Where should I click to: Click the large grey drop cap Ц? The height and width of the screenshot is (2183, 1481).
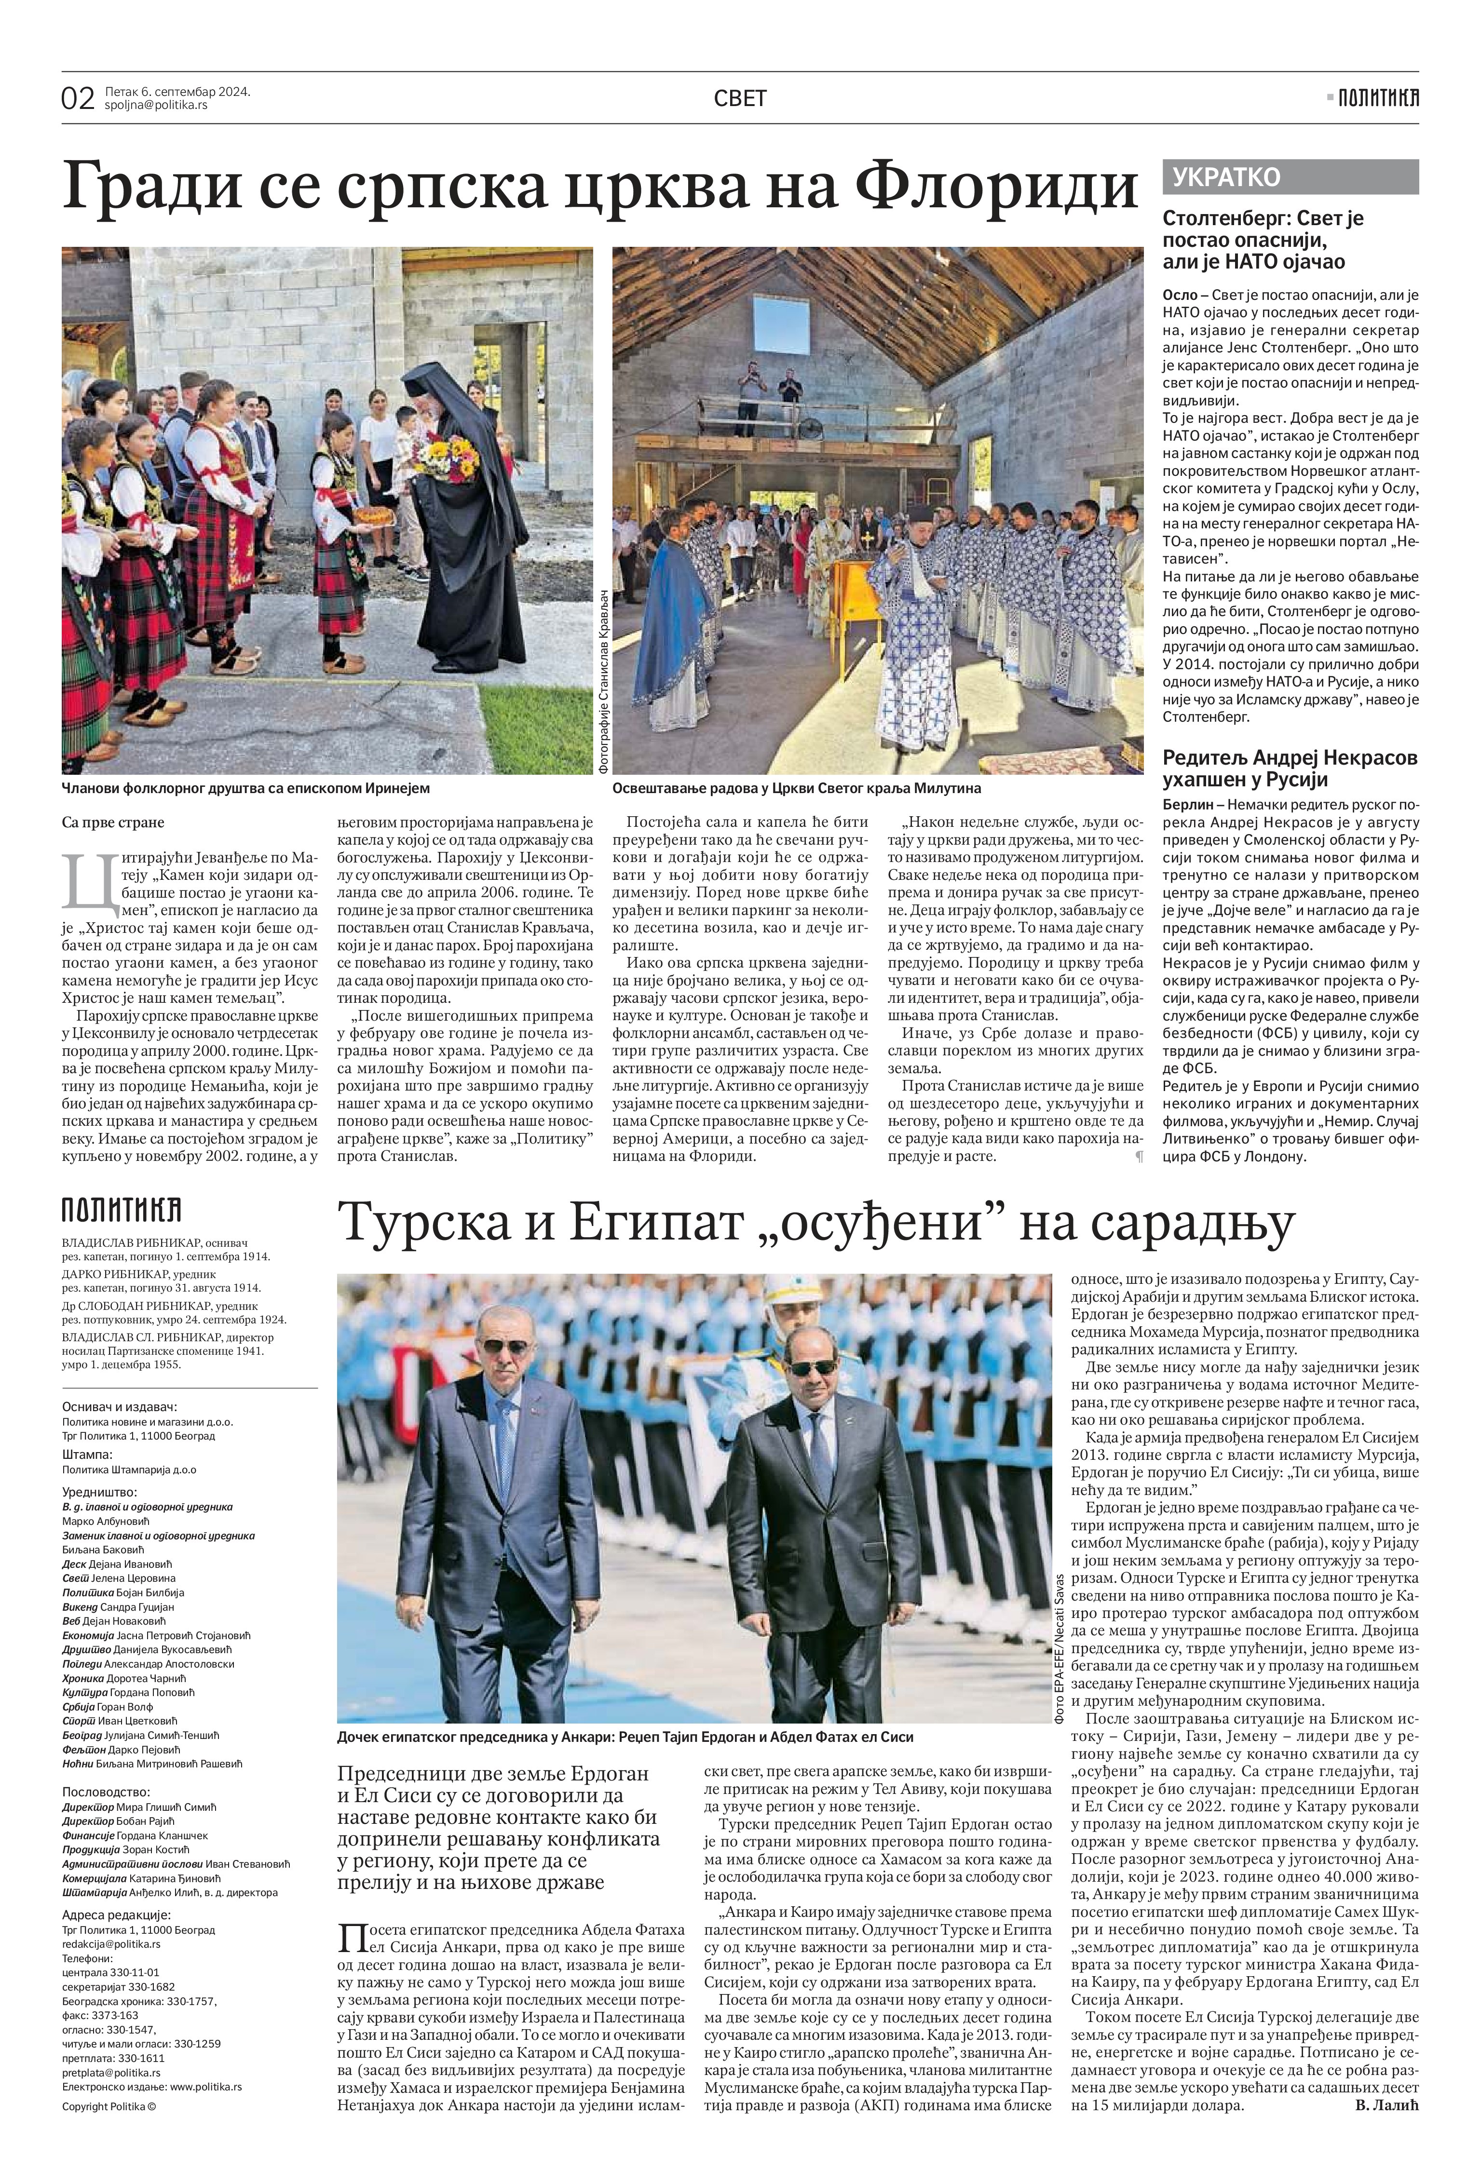point(80,882)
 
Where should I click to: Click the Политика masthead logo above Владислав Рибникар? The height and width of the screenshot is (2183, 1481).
point(121,1209)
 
